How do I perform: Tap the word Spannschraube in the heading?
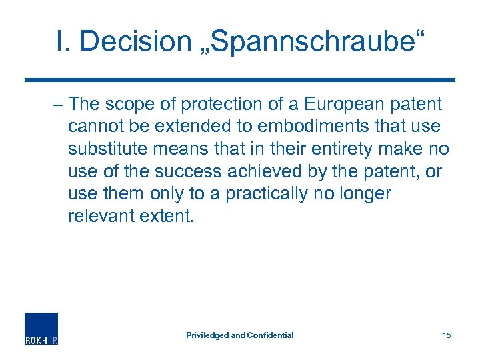[x=307, y=41]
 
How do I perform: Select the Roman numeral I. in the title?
[x=65, y=41]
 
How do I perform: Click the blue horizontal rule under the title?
[x=239, y=80]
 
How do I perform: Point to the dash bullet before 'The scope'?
[x=58, y=105]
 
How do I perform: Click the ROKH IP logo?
[x=41, y=329]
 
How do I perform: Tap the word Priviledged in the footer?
[x=207, y=335]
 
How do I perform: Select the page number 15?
[x=447, y=335]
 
